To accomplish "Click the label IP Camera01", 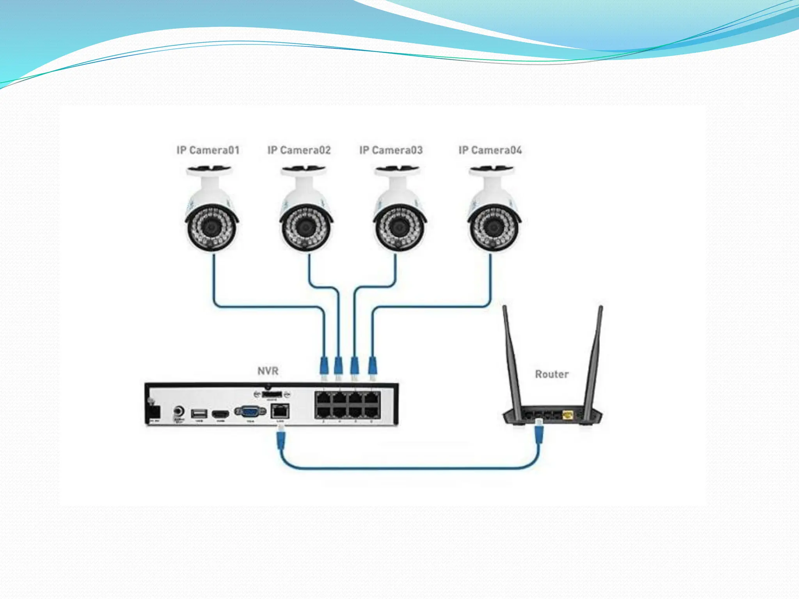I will point(208,150).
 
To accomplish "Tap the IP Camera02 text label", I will point(299,150).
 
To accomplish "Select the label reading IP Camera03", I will point(391,150).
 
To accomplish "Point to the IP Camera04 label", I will point(490,150).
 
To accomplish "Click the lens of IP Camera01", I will point(211,227).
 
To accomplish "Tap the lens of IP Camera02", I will point(305,227).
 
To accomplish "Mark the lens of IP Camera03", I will point(399,227).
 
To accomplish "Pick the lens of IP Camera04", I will point(494,227).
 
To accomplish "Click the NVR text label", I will point(268,371).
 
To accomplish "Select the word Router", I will point(552,374).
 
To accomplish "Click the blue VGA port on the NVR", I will point(250,411).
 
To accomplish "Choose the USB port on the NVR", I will point(199,413).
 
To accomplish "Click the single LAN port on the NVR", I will point(280,411).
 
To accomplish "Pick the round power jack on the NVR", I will point(179,411).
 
